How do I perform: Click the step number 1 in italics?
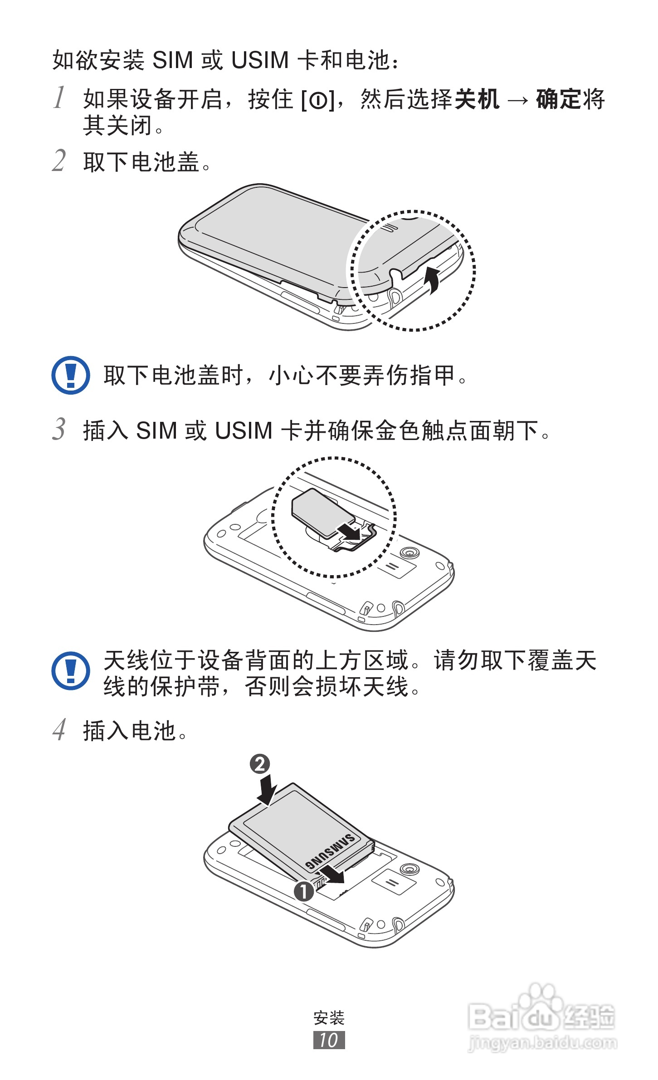[x=59, y=98]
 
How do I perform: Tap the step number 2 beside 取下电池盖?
[x=59, y=161]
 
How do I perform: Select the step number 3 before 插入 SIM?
[x=59, y=429]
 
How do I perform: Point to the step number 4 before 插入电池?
[x=59, y=730]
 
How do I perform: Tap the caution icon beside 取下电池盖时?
[x=71, y=375]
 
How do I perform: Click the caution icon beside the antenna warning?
[x=71, y=671]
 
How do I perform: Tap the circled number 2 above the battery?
[x=260, y=764]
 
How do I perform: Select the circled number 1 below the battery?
[x=304, y=891]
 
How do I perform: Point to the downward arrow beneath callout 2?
[x=267, y=790]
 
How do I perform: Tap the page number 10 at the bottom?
[x=329, y=1040]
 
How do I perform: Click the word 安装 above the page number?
[x=329, y=1017]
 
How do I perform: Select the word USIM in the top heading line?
[x=259, y=60]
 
